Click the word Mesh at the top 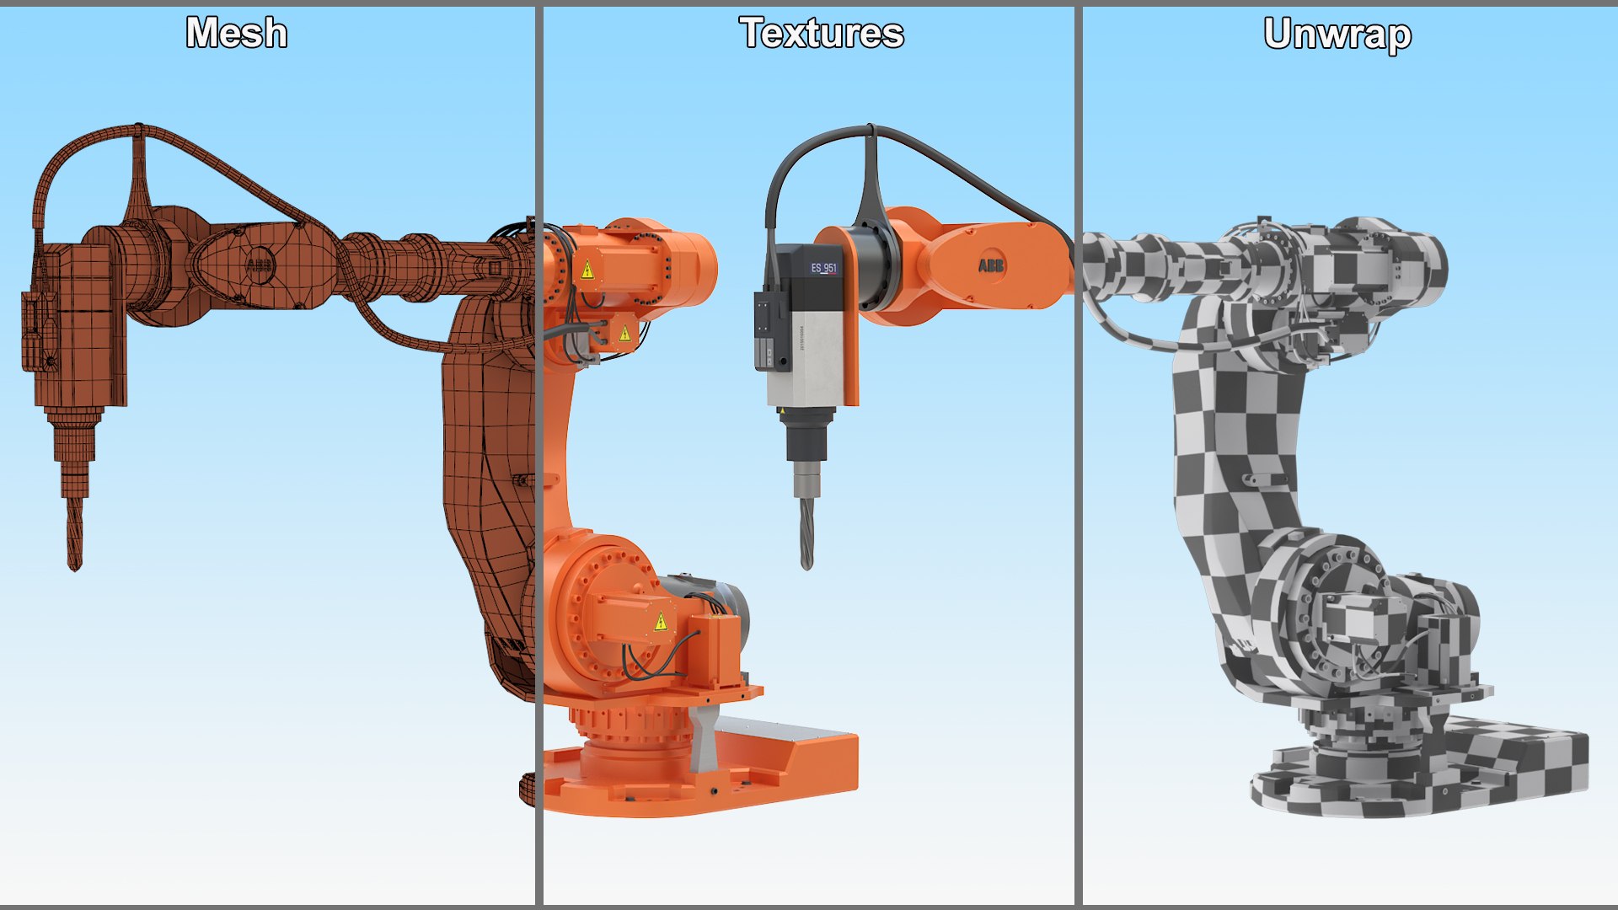(237, 34)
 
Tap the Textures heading (822, 34)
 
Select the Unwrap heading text (1337, 35)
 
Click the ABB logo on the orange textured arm (991, 265)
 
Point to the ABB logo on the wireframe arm (259, 266)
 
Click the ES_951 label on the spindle (823, 269)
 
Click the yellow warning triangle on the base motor (661, 623)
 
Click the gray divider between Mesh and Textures (538, 455)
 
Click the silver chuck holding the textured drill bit (806, 483)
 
